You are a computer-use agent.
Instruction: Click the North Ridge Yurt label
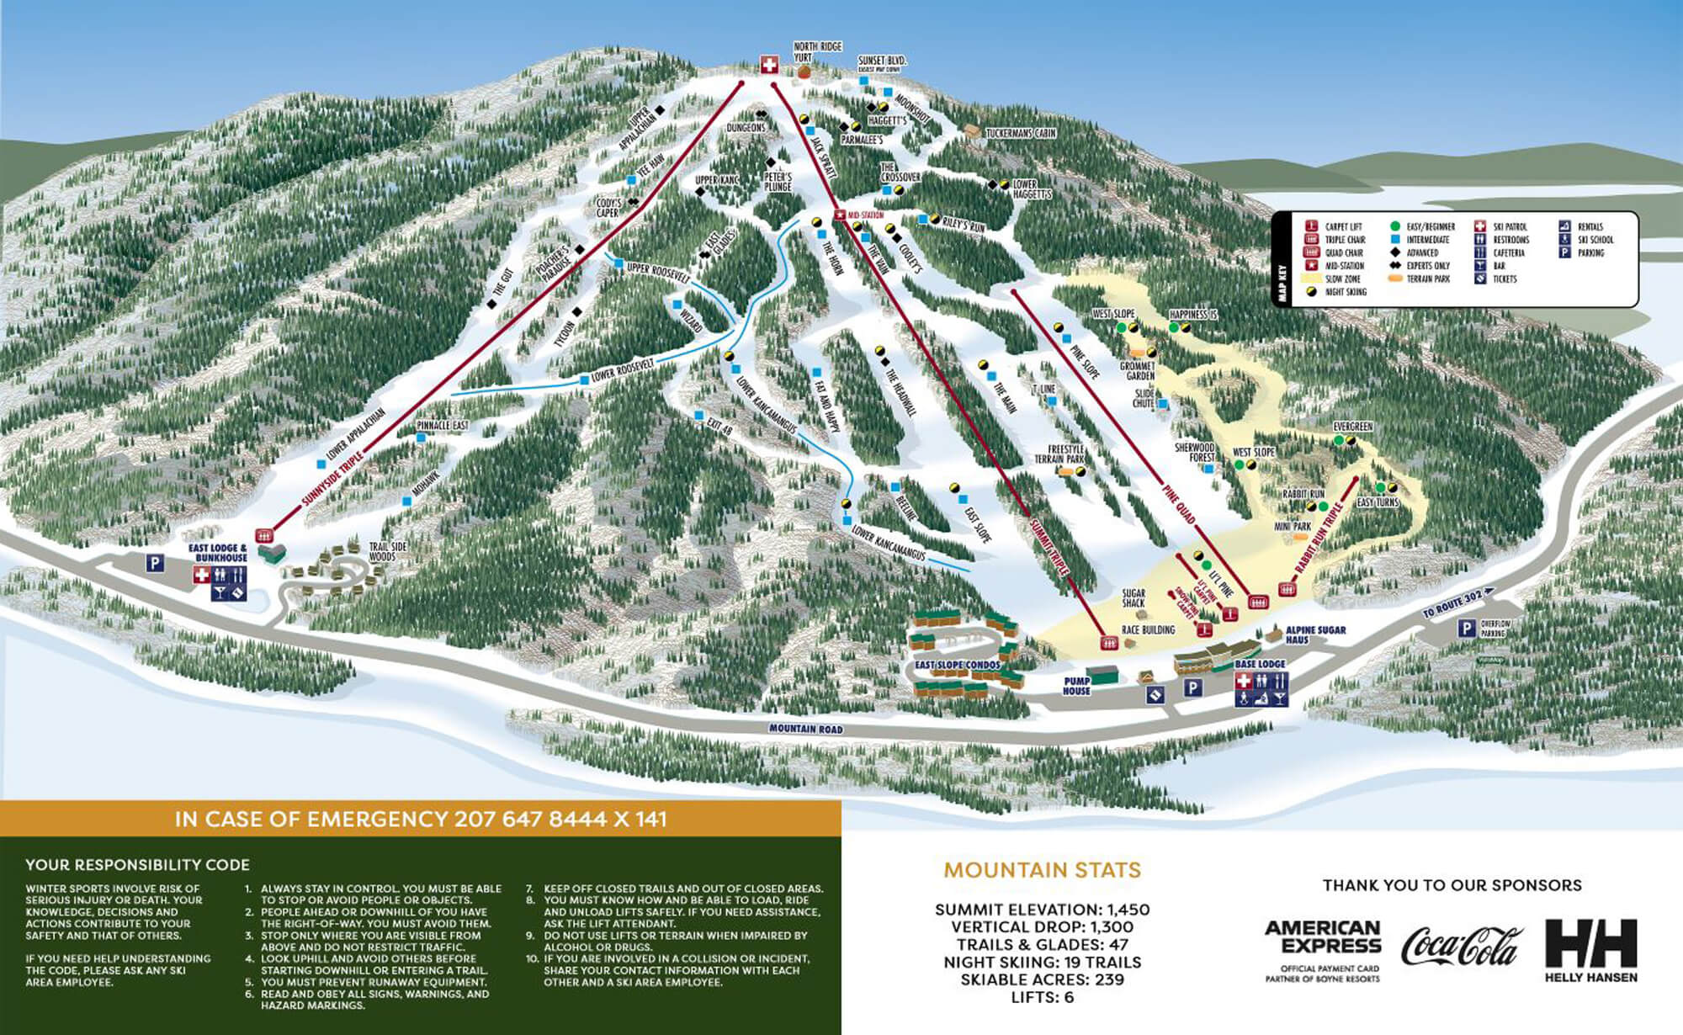pyautogui.click(x=817, y=51)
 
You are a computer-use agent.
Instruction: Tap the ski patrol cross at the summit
pyautogui.click(x=768, y=65)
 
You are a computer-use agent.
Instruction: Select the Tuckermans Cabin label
pyautogui.click(x=1020, y=133)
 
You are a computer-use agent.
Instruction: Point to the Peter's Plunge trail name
pyautogui.click(x=778, y=182)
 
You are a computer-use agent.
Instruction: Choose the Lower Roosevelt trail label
pyautogui.click(x=624, y=372)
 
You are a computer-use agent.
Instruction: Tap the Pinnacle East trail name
pyautogui.click(x=443, y=426)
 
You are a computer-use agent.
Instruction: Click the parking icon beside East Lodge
pyautogui.click(x=155, y=563)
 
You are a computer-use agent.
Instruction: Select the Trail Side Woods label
pyautogui.click(x=388, y=551)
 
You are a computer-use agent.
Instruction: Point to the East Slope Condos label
pyautogui.click(x=958, y=665)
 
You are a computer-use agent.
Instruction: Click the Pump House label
pyautogui.click(x=1076, y=686)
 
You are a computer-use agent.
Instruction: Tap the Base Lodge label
pyautogui.click(x=1260, y=664)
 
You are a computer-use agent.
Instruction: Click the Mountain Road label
pyautogui.click(x=805, y=729)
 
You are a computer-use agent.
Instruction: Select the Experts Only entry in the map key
pyautogui.click(x=1427, y=266)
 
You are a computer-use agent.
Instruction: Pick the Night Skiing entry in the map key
pyautogui.click(x=1346, y=292)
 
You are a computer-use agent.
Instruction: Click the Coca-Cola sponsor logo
pyautogui.click(x=1462, y=946)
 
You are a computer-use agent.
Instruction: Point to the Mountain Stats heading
pyautogui.click(x=1042, y=870)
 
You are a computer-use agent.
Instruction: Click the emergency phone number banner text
pyautogui.click(x=421, y=819)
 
